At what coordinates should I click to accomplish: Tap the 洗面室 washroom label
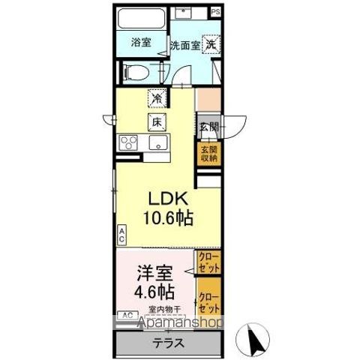pos(183,45)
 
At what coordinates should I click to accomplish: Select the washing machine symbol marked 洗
pos(213,43)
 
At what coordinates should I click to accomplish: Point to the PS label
pos(216,12)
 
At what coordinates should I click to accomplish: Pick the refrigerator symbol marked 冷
pos(157,97)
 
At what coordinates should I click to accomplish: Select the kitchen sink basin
pos(157,143)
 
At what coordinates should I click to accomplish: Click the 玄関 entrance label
pos(208,126)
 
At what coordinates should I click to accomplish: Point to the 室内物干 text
pos(163,307)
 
